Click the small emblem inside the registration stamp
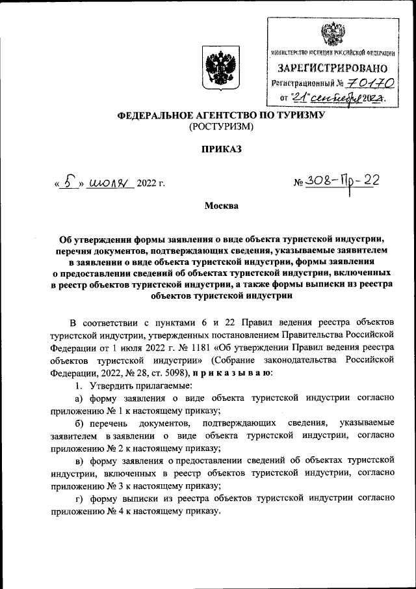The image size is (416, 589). (x=333, y=33)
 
